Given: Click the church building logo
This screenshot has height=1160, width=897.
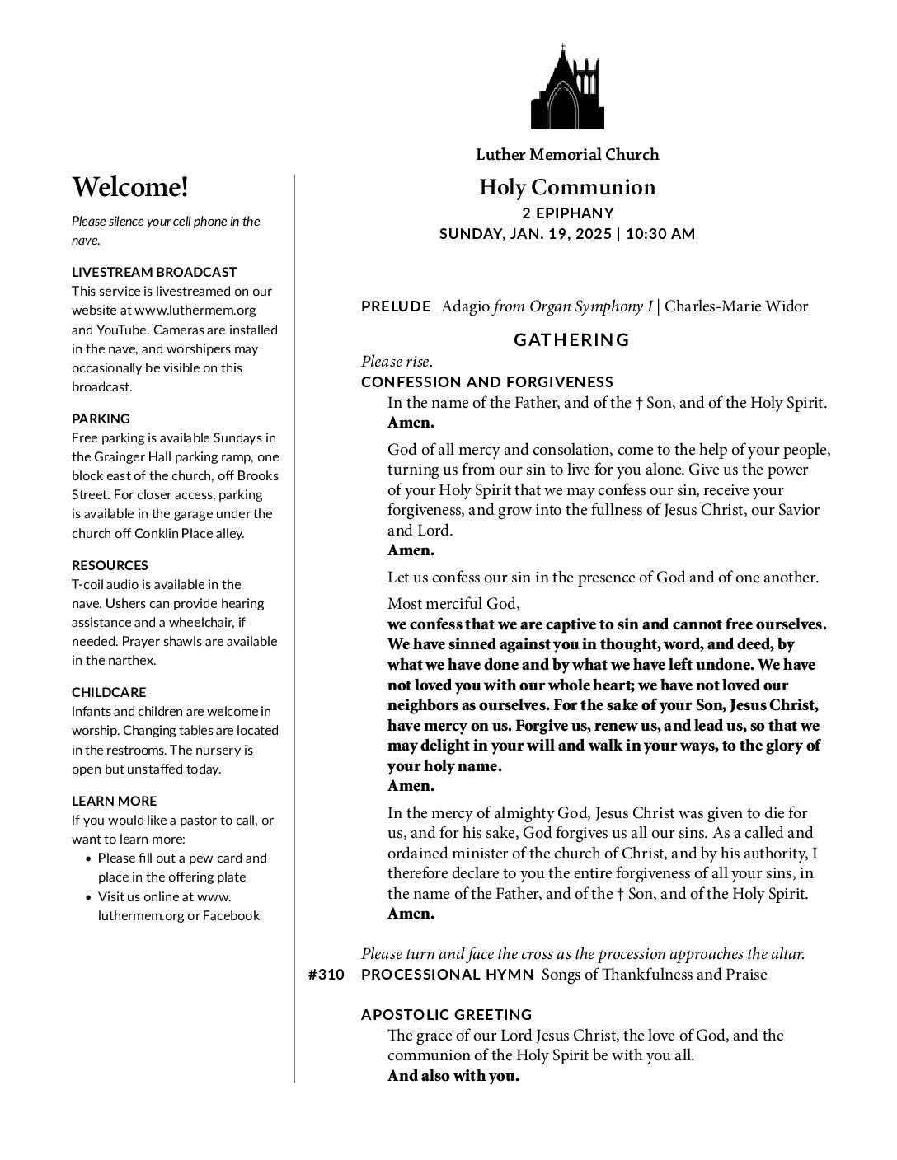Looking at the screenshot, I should pos(566,87).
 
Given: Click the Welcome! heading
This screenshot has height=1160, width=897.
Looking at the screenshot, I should pos(130,187).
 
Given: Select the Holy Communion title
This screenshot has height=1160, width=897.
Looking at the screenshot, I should pos(567,187).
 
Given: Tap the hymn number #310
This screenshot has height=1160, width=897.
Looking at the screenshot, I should pos(326,975).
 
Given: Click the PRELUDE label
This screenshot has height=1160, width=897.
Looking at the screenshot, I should pos(396,306).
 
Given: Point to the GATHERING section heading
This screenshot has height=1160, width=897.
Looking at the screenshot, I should pos(571,339).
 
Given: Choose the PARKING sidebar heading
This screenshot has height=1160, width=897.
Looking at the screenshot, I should pos(101,419).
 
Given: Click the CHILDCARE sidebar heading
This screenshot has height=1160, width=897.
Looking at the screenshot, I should pos(109,692).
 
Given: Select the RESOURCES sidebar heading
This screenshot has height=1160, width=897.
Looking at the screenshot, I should pos(110,565).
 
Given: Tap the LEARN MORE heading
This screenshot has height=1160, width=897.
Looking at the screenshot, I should pos(114,801).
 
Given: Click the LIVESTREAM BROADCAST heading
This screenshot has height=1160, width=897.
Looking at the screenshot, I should pos(154,272).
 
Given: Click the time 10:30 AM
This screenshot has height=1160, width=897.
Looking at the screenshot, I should pos(660,233).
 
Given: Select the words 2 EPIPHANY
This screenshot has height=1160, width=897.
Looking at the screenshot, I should pos(567,213).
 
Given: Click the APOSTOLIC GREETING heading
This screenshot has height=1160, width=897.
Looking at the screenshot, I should pos(447,1014).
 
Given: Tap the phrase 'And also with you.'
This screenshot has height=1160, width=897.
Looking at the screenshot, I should pos(453,1076).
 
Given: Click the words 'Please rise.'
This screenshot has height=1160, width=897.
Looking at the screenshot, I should pos(397,361).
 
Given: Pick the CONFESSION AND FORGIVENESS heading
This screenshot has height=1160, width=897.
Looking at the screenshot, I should pos(487,381).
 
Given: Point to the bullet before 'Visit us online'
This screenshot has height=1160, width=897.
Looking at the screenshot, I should pos(89,896).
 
